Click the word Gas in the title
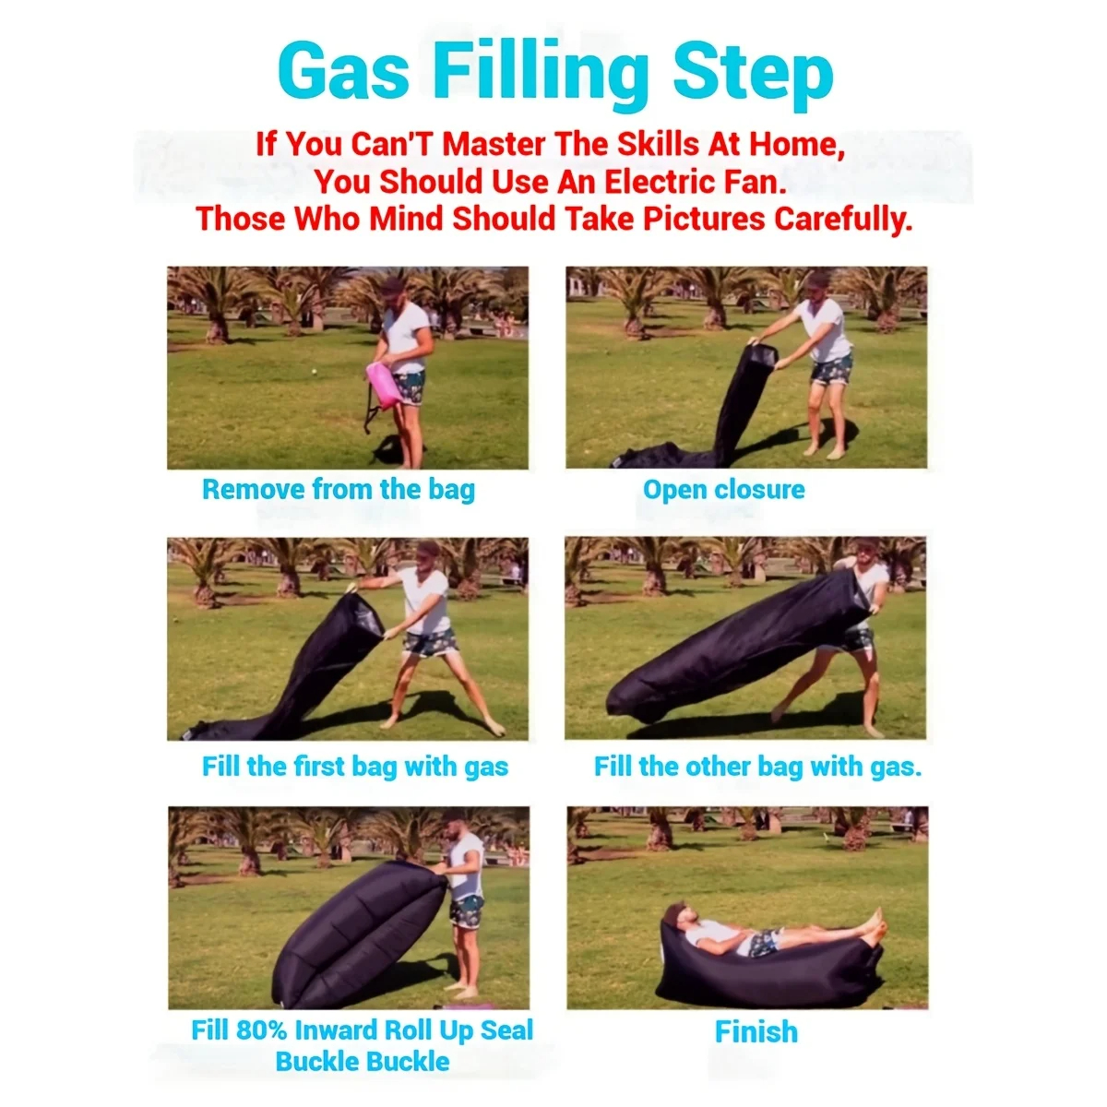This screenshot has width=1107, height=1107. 343,72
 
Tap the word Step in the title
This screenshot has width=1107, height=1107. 753,77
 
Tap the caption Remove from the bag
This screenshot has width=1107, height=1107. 339,490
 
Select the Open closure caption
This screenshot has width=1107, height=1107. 724,490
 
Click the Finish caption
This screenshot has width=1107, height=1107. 756,1031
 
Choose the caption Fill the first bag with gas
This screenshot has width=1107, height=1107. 355,767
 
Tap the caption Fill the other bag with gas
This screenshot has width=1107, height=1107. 757,767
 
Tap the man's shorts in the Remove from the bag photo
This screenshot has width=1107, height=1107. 409,387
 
